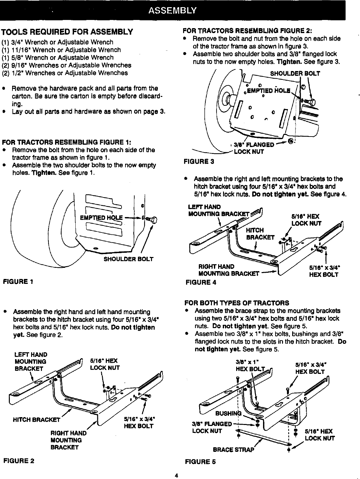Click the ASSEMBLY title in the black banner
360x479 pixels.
[x=172, y=10]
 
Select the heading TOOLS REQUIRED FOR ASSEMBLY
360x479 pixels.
[x=67, y=32]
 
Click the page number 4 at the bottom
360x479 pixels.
[x=176, y=476]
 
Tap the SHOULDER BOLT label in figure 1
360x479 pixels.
[x=128, y=259]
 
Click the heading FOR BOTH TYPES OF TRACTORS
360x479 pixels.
[x=237, y=303]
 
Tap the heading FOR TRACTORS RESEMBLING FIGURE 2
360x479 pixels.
[x=247, y=31]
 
